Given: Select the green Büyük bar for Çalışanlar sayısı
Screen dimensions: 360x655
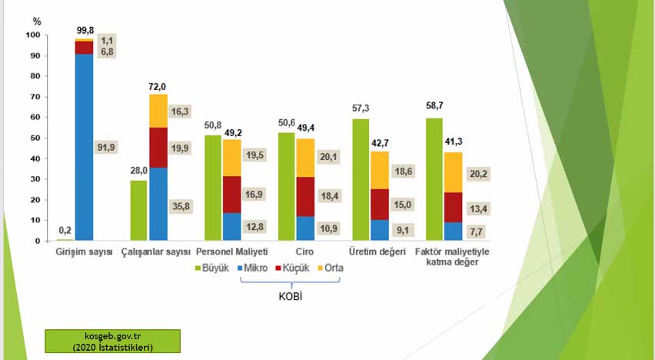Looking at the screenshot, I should pyautogui.click(x=138, y=210).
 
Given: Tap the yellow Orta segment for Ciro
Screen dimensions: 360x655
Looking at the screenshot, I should pyautogui.click(x=304, y=158).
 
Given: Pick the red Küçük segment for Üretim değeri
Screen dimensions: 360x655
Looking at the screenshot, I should pyautogui.click(x=378, y=204).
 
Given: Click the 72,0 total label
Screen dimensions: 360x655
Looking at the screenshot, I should pyautogui.click(x=158, y=88).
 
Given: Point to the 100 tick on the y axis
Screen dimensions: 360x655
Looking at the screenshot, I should pyautogui.click(x=33, y=35).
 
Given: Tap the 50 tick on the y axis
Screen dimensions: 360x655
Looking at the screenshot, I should pyautogui.click(x=35, y=138).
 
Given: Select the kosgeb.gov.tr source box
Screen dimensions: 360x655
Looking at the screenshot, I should pyautogui.click(x=112, y=342).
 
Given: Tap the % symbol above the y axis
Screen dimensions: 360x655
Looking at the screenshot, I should pyautogui.click(x=37, y=22).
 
